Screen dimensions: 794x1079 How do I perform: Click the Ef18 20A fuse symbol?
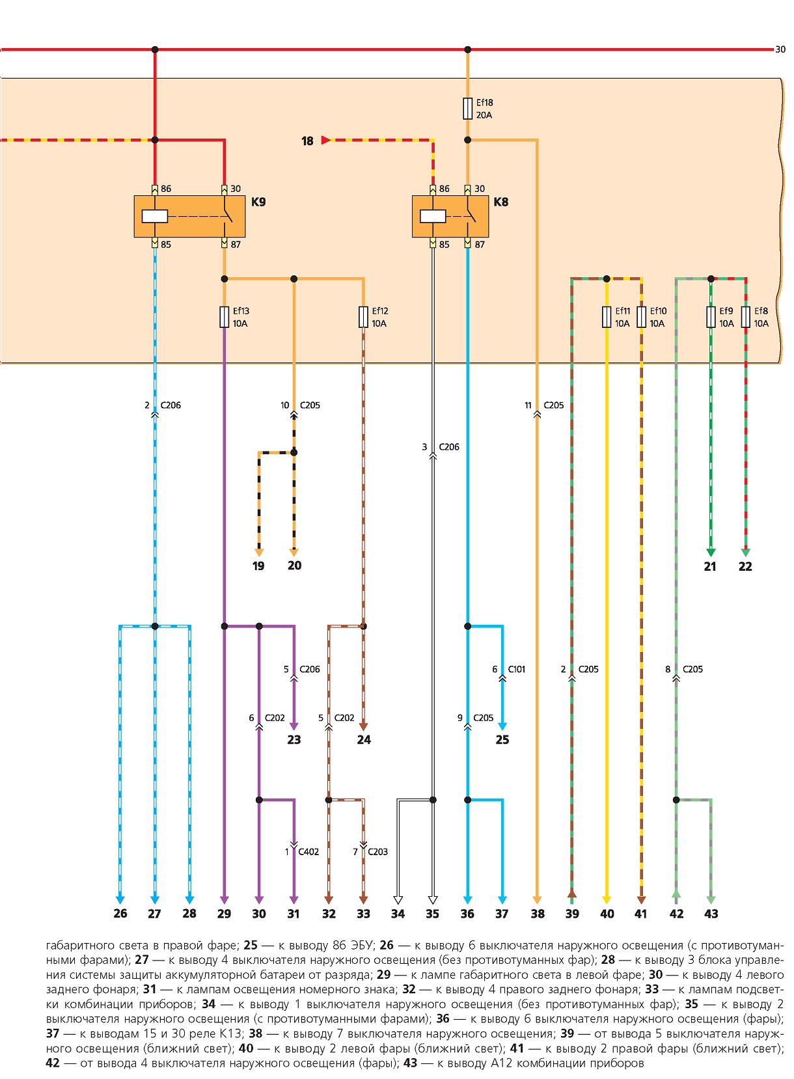[x=467, y=109]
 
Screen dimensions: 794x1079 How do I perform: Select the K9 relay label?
[x=258, y=202]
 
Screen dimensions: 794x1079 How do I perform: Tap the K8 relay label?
[x=500, y=202]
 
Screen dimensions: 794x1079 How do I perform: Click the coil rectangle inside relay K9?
[x=155, y=216]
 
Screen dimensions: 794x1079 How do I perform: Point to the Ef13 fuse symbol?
[x=224, y=317]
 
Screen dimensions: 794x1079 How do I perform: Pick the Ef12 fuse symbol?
[x=363, y=317]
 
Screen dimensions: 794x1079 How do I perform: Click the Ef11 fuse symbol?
[x=607, y=317]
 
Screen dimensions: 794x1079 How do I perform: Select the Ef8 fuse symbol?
[x=745, y=317]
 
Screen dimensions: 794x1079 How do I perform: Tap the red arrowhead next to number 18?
[x=325, y=140]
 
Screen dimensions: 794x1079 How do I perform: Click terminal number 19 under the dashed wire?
[x=258, y=566]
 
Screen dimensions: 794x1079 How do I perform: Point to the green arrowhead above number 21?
[x=711, y=553]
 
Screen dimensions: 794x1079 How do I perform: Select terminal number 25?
[x=502, y=740]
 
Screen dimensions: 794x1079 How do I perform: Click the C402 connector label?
[x=308, y=852]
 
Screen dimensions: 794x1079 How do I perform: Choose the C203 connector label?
[x=377, y=852]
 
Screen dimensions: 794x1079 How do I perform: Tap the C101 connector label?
[x=517, y=669]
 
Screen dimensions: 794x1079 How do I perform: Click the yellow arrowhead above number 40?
[x=607, y=900]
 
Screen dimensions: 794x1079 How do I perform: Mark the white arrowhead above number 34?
[x=398, y=900]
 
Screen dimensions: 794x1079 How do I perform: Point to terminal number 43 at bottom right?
[x=711, y=914]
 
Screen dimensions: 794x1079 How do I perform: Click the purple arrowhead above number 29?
[x=224, y=900]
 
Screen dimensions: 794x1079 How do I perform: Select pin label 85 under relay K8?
[x=445, y=245]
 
